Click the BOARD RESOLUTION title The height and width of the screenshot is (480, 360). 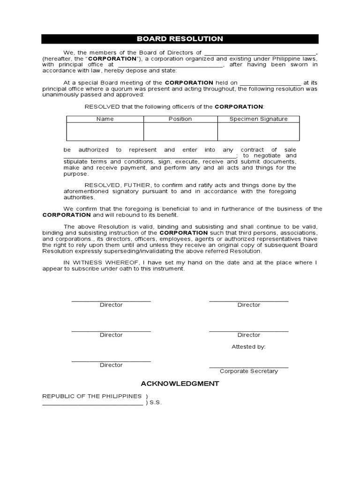(x=180, y=39)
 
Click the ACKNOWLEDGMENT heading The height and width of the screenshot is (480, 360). (x=180, y=383)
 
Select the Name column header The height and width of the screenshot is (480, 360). (x=105, y=119)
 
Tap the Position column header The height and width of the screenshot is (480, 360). (x=180, y=119)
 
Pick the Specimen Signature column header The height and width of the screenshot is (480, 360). (x=258, y=119)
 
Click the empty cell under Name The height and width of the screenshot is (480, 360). (x=105, y=131)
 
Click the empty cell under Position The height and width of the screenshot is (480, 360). (x=180, y=131)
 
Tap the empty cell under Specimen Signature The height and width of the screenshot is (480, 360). (x=258, y=131)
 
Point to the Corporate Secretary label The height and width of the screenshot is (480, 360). (x=248, y=371)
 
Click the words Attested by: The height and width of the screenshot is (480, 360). (x=248, y=347)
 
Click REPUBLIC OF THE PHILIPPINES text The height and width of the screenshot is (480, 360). (x=92, y=396)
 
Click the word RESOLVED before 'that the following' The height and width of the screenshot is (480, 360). (x=102, y=106)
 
